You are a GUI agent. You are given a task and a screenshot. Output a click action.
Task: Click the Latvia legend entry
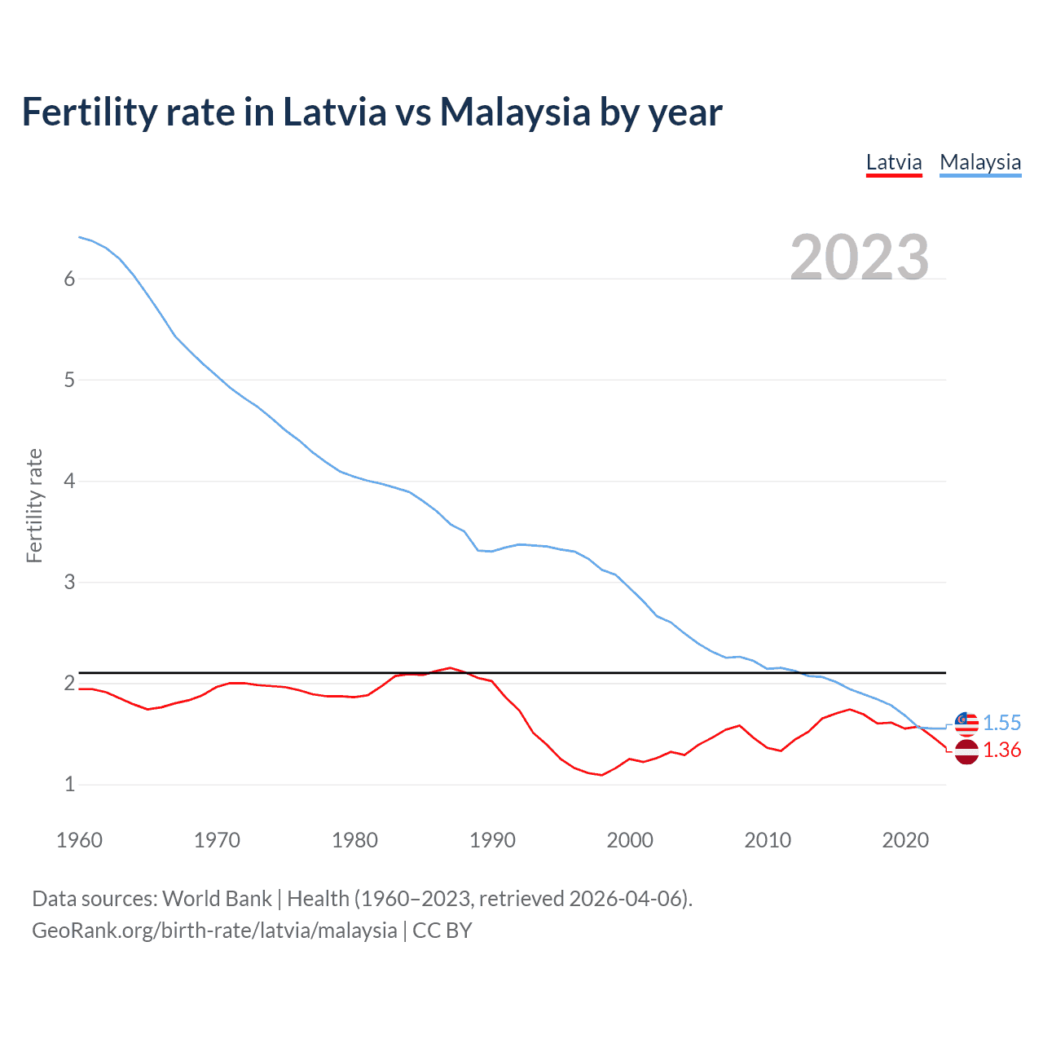(894, 163)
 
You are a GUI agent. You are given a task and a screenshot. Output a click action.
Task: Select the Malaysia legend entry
(980, 163)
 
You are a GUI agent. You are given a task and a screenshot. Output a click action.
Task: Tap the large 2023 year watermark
(860, 257)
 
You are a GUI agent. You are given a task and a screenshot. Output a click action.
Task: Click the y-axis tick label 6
(69, 279)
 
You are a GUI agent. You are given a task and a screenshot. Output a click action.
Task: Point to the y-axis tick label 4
(69, 481)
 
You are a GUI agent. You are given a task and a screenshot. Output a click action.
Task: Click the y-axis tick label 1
(69, 784)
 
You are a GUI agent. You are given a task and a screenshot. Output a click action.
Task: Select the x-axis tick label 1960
(79, 840)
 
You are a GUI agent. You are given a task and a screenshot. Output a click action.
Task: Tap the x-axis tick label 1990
(492, 840)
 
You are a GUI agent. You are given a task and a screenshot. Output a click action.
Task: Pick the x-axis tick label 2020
(905, 840)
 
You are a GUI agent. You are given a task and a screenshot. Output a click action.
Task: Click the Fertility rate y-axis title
(34, 505)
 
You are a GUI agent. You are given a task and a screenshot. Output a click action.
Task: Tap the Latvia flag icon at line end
(966, 751)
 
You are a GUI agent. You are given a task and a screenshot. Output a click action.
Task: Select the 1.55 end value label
(1001, 723)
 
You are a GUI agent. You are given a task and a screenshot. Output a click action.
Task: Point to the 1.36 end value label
(1001, 750)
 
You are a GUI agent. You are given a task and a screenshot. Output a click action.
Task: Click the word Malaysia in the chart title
(515, 112)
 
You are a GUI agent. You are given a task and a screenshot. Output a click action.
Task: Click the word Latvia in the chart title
(334, 112)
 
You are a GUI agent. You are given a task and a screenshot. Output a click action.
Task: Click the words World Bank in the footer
(217, 899)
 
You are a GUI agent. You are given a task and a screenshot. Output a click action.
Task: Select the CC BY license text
(442, 931)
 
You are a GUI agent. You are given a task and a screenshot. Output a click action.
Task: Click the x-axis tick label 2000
(630, 840)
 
